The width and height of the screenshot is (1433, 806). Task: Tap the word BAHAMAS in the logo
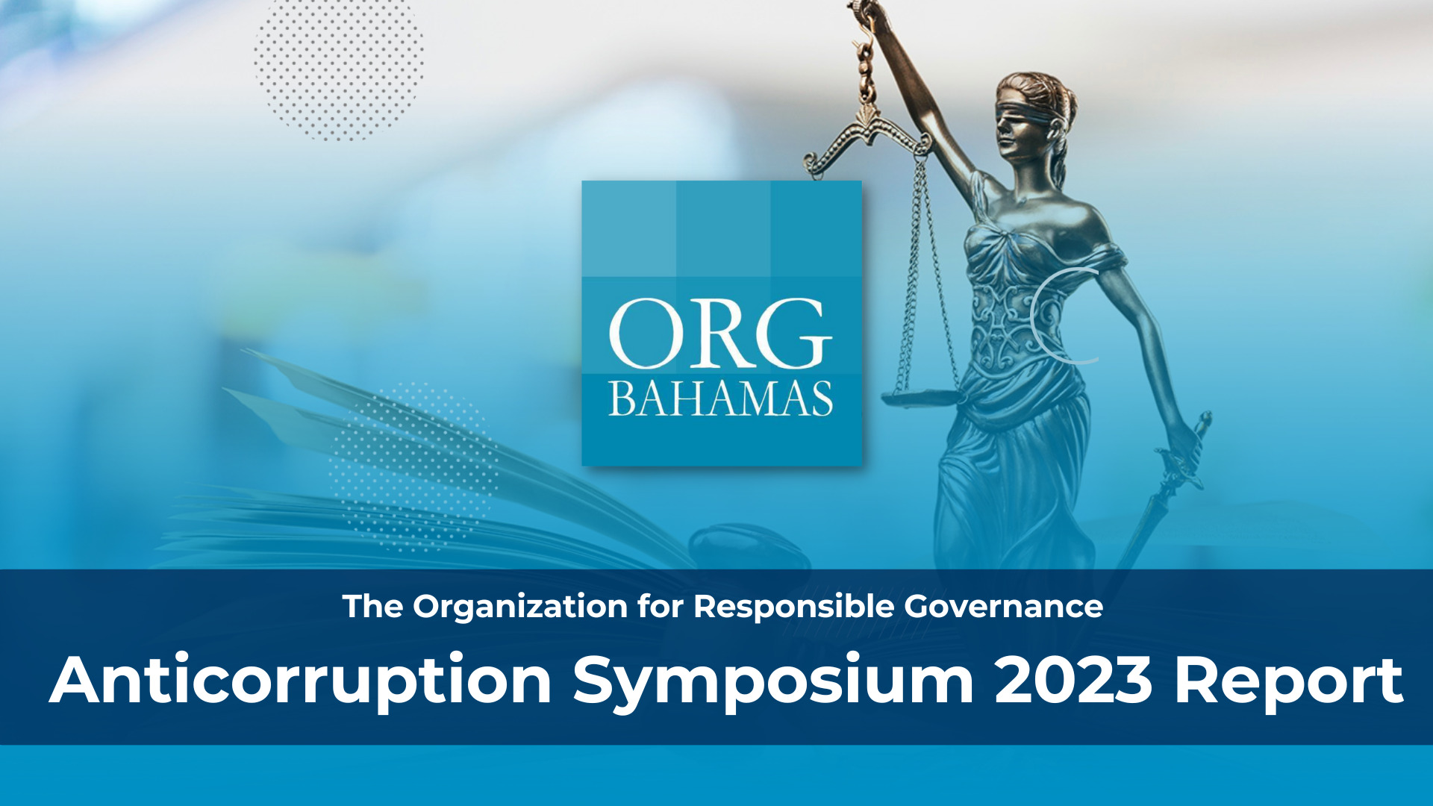[x=720, y=399]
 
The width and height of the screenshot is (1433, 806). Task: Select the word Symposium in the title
[x=773, y=681]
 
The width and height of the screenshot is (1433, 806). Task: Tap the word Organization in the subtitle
[x=520, y=607]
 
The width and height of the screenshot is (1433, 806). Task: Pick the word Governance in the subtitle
[x=1004, y=607]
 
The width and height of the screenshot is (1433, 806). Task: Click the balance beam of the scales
[x=866, y=142]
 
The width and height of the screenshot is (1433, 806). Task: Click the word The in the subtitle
[x=372, y=607]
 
